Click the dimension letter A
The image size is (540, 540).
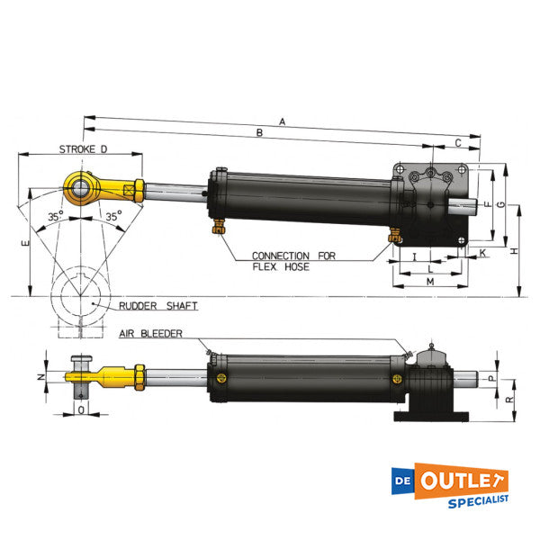(282, 120)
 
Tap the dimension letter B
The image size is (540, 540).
(258, 133)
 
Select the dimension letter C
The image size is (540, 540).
(457, 142)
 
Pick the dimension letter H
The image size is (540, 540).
(515, 253)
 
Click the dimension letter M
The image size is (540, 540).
(429, 282)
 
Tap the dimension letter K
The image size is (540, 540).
(482, 254)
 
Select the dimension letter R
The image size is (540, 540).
(510, 398)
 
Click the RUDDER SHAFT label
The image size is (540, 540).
(158, 306)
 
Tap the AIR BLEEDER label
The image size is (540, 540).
(150, 333)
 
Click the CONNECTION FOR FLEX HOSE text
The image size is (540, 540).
(293, 261)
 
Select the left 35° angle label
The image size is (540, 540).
(56, 217)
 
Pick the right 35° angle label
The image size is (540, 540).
(112, 217)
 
